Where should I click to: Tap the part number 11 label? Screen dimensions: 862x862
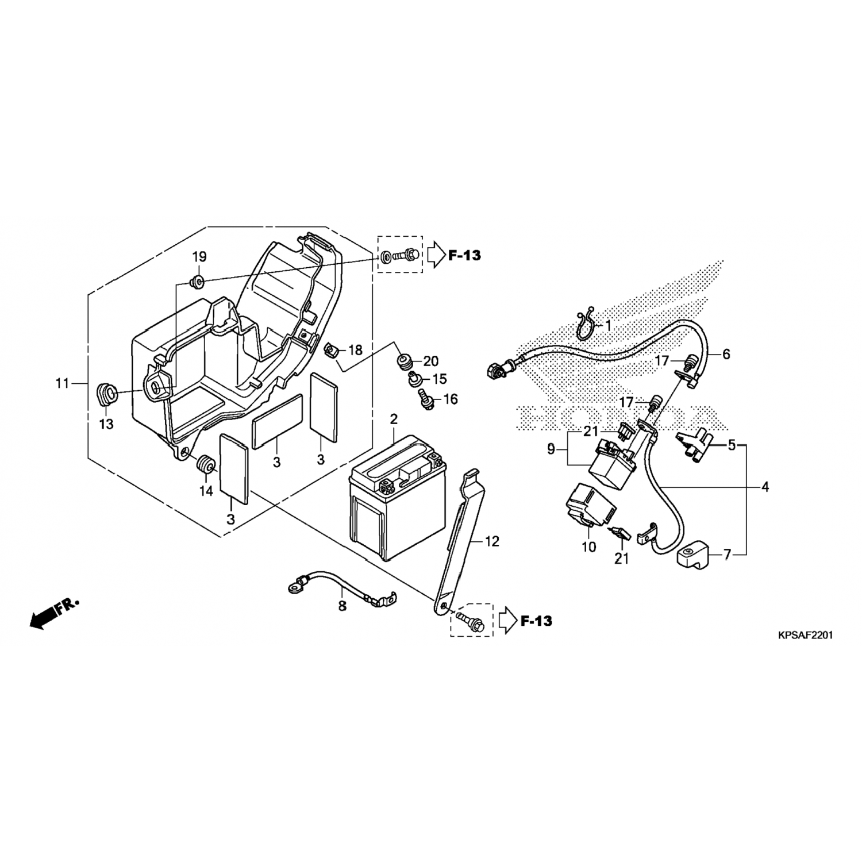tap(62, 383)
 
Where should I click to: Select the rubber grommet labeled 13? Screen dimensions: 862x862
tap(106, 395)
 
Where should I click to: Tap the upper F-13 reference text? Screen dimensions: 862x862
tap(464, 256)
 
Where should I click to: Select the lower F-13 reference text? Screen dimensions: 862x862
tap(536, 621)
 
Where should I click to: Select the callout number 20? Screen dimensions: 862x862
tap(431, 361)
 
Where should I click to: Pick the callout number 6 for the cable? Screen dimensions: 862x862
tap(726, 354)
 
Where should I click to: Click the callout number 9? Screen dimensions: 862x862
tap(551, 449)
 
